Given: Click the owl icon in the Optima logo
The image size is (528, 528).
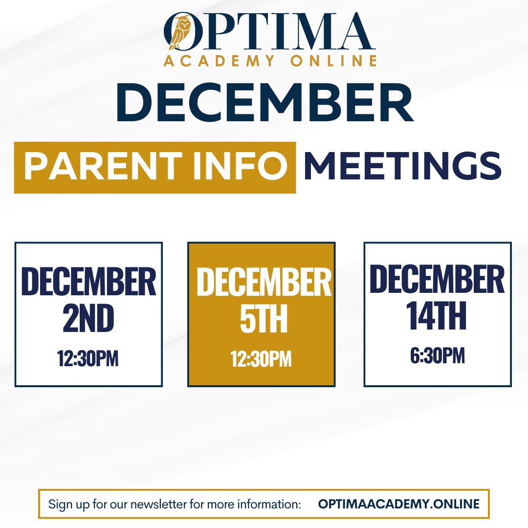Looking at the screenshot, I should pyautogui.click(x=180, y=33).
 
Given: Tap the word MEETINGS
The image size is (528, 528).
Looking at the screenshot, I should pyautogui.click(x=402, y=166).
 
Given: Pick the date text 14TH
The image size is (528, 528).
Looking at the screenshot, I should pyautogui.click(x=437, y=315).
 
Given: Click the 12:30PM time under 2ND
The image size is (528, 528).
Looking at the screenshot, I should pyautogui.click(x=88, y=358).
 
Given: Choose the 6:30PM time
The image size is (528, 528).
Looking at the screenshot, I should pyautogui.click(x=437, y=355).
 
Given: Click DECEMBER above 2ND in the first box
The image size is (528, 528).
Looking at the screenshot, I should pyautogui.click(x=88, y=282).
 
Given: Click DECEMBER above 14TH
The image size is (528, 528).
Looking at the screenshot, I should pyautogui.click(x=437, y=279).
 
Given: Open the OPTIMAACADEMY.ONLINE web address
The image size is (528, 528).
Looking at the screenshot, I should pyautogui.click(x=399, y=504).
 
